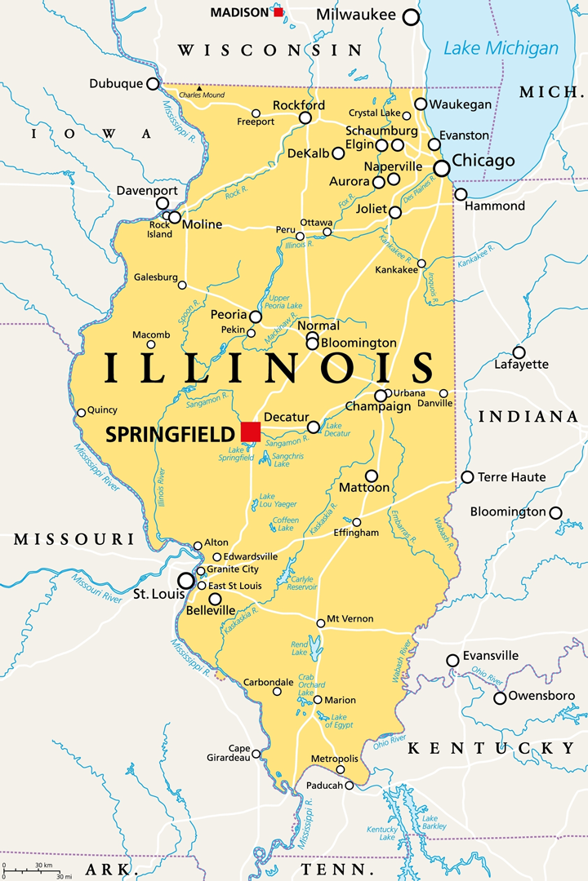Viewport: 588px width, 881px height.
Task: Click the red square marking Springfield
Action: [251, 431]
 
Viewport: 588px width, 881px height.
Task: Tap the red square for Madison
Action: [278, 12]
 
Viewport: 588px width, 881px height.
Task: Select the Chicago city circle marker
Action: [442, 168]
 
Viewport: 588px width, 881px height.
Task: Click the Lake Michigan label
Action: [501, 47]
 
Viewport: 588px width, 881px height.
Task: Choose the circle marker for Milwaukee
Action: [411, 17]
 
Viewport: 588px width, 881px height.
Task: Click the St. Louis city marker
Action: [187, 581]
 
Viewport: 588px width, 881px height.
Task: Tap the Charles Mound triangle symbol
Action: [198, 87]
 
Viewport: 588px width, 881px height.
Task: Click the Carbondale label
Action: [268, 682]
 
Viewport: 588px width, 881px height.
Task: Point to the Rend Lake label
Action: [300, 647]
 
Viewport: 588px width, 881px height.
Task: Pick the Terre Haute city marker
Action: [467, 477]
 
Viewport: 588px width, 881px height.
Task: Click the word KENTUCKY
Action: [491, 748]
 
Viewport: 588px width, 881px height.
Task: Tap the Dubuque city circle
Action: [153, 83]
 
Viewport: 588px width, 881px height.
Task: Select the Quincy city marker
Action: [81, 413]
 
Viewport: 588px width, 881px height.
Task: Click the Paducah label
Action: [325, 786]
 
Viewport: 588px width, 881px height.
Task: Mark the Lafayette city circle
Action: [519, 352]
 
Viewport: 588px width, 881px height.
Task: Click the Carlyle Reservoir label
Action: [302, 582]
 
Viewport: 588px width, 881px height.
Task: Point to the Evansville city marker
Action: [452, 660]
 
